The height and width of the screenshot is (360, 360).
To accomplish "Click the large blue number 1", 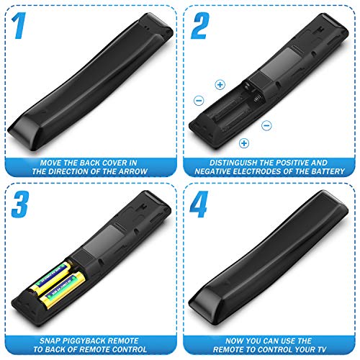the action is (19, 26).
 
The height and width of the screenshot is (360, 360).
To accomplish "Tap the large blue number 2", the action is (200, 26).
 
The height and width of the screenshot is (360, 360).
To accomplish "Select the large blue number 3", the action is (20, 204).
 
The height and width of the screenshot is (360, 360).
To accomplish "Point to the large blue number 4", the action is (199, 204).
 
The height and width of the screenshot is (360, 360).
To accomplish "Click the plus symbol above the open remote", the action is (220, 85).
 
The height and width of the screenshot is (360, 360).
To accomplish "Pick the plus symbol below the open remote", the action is (244, 143).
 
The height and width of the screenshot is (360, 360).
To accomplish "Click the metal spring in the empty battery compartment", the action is (258, 98).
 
